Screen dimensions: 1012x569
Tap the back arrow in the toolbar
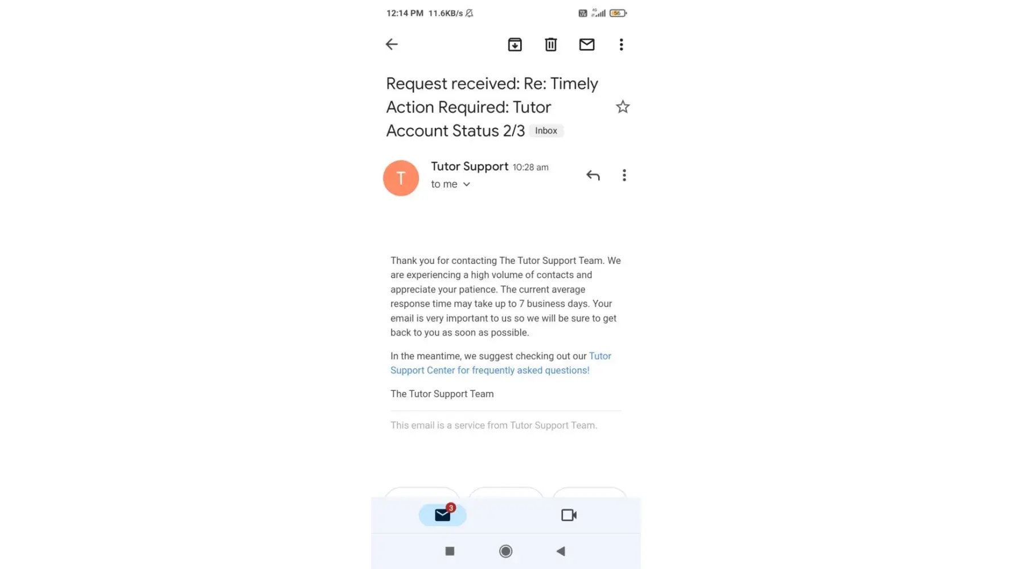tap(392, 44)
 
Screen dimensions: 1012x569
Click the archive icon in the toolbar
tap(515, 44)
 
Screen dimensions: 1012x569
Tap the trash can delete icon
tap(550, 44)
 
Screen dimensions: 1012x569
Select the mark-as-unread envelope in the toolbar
tap(587, 44)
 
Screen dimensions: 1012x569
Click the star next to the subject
tap(623, 107)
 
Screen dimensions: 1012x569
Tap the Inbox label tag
tap(546, 131)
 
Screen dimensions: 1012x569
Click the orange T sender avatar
tap(401, 178)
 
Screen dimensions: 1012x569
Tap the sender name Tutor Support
tap(470, 166)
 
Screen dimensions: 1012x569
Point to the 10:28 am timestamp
tap(530, 167)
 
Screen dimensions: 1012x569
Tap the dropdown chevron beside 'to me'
tap(467, 184)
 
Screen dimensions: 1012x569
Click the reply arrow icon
tap(593, 175)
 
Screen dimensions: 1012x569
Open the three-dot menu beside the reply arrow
tap(624, 175)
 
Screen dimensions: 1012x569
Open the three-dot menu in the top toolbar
tap(621, 44)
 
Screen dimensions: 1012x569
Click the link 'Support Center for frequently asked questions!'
tap(490, 370)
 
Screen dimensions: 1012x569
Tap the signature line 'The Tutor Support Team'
tap(442, 394)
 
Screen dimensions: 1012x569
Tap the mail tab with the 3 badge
tap(443, 514)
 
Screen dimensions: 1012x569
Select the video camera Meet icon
tap(569, 515)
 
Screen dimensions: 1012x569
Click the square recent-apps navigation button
tap(450, 551)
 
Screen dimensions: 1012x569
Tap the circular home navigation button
tap(505, 551)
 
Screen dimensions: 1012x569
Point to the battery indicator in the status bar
tap(618, 13)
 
